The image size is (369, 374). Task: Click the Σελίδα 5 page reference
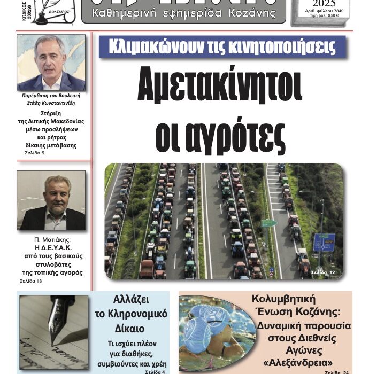(x=35, y=153)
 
